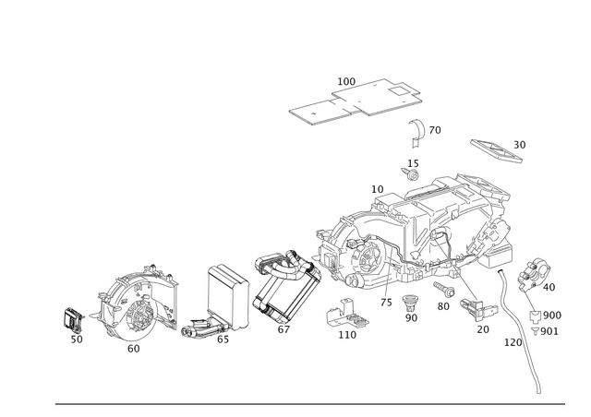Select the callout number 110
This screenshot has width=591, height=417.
coord(347,336)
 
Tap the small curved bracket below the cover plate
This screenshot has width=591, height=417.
coord(421,132)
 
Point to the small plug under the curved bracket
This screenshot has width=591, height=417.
coord(411,170)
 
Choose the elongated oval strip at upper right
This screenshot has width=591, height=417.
coord(496,148)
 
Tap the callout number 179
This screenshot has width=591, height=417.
coord(510,341)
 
